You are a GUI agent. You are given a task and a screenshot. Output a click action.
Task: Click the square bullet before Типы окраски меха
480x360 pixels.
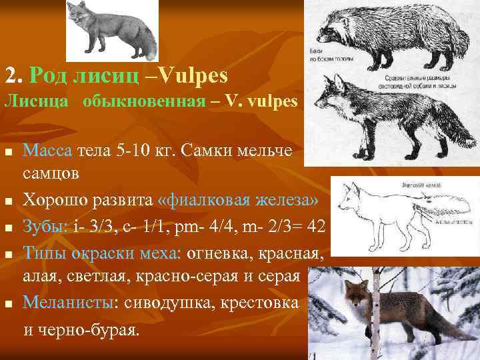9,253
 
